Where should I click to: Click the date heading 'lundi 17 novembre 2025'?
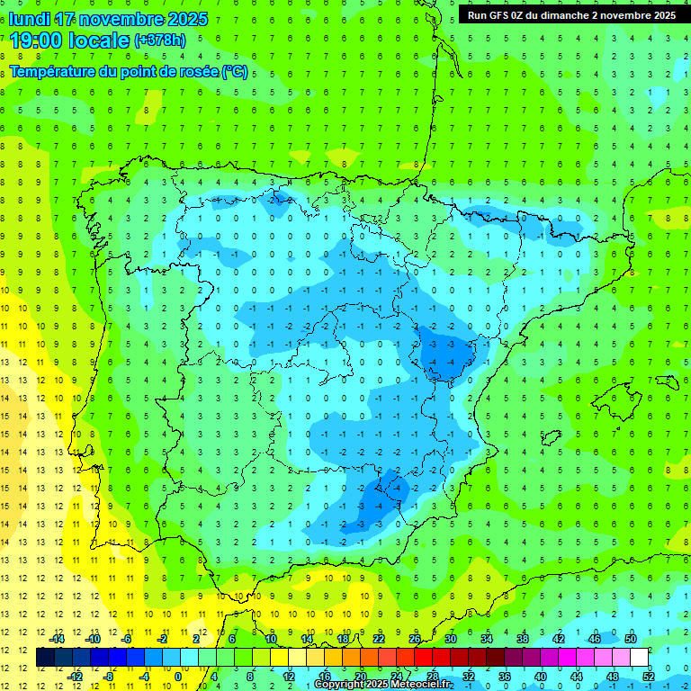[108, 19]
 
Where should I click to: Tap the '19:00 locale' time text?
[70, 40]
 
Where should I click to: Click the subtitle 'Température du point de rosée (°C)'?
[129, 72]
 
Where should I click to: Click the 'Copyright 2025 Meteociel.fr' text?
[383, 685]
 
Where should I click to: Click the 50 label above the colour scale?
[631, 639]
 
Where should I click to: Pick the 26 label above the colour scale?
[415, 639]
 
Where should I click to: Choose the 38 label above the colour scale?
[523, 639]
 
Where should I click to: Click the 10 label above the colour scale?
[271, 639]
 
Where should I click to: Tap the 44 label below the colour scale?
[577, 676]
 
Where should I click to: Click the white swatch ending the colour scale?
[640, 658]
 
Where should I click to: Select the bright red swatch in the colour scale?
[424, 658]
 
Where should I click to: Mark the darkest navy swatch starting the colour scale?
[45, 658]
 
